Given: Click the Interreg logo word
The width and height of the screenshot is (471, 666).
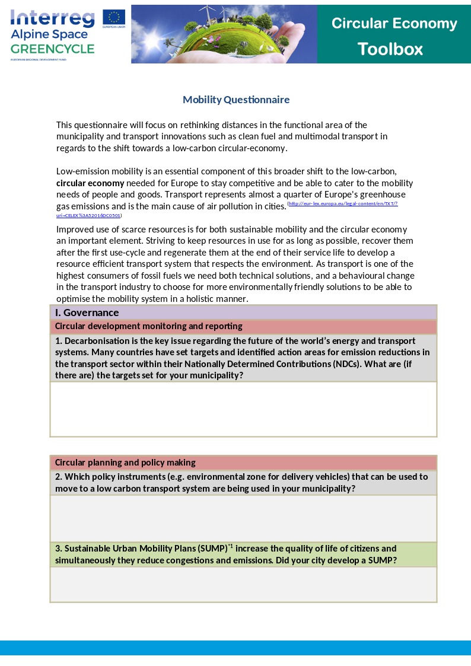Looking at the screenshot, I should coord(52,18).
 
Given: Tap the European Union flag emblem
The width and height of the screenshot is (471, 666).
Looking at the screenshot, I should coord(113,18).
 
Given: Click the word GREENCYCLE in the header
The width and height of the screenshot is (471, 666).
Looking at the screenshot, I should coord(52,49).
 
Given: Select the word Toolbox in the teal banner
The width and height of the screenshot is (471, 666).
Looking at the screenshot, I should coord(390,49).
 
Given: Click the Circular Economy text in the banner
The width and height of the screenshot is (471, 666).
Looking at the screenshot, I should coord(394,24).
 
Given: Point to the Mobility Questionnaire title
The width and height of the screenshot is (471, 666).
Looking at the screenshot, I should coord(236,100).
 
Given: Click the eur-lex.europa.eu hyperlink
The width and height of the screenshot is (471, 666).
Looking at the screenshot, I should coord(342,203).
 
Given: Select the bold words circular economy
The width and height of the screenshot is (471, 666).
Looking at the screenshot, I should coord(90,183).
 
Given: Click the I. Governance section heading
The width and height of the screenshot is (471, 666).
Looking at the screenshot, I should coord(87,313).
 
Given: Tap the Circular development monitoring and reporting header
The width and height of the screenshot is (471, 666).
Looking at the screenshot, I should coord(148,326).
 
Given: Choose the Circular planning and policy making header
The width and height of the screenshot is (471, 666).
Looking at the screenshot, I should coord(125,463).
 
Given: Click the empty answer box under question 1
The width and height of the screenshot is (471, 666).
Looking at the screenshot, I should coord(243,409).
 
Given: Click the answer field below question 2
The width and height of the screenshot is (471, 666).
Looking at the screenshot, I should coord(243,518).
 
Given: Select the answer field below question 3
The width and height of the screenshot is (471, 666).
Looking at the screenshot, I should coord(243,584).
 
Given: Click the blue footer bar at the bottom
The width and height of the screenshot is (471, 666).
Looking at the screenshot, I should coord(235,648).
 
